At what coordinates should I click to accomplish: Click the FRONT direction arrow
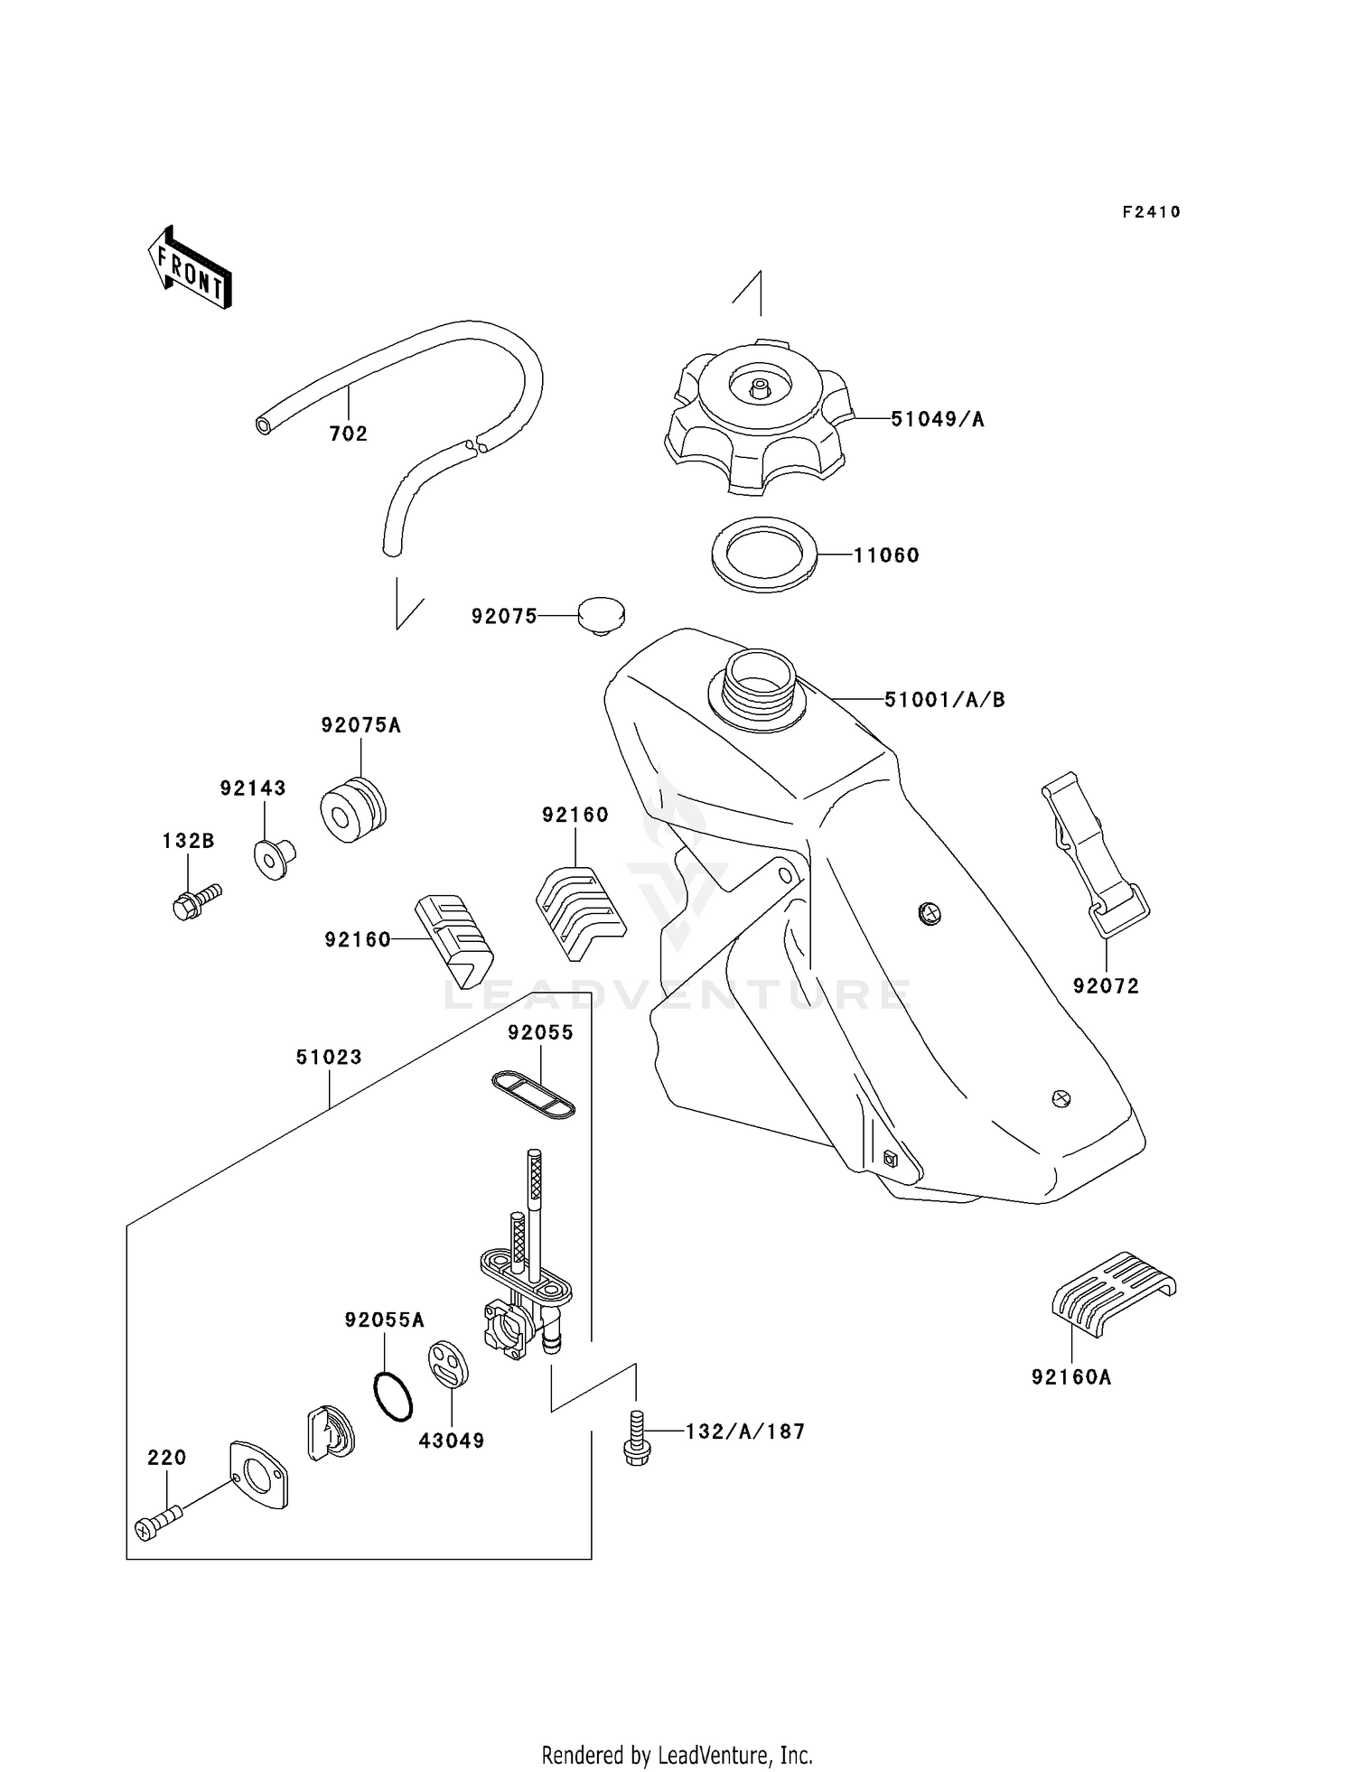(190, 267)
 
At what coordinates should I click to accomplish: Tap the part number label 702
(349, 434)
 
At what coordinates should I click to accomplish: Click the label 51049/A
(938, 419)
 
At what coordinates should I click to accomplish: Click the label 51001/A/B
(944, 699)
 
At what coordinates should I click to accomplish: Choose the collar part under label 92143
(275, 858)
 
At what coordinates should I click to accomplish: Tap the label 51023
(329, 1057)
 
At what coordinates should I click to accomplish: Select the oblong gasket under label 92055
(533, 1095)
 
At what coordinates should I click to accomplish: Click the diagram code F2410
(1151, 212)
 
